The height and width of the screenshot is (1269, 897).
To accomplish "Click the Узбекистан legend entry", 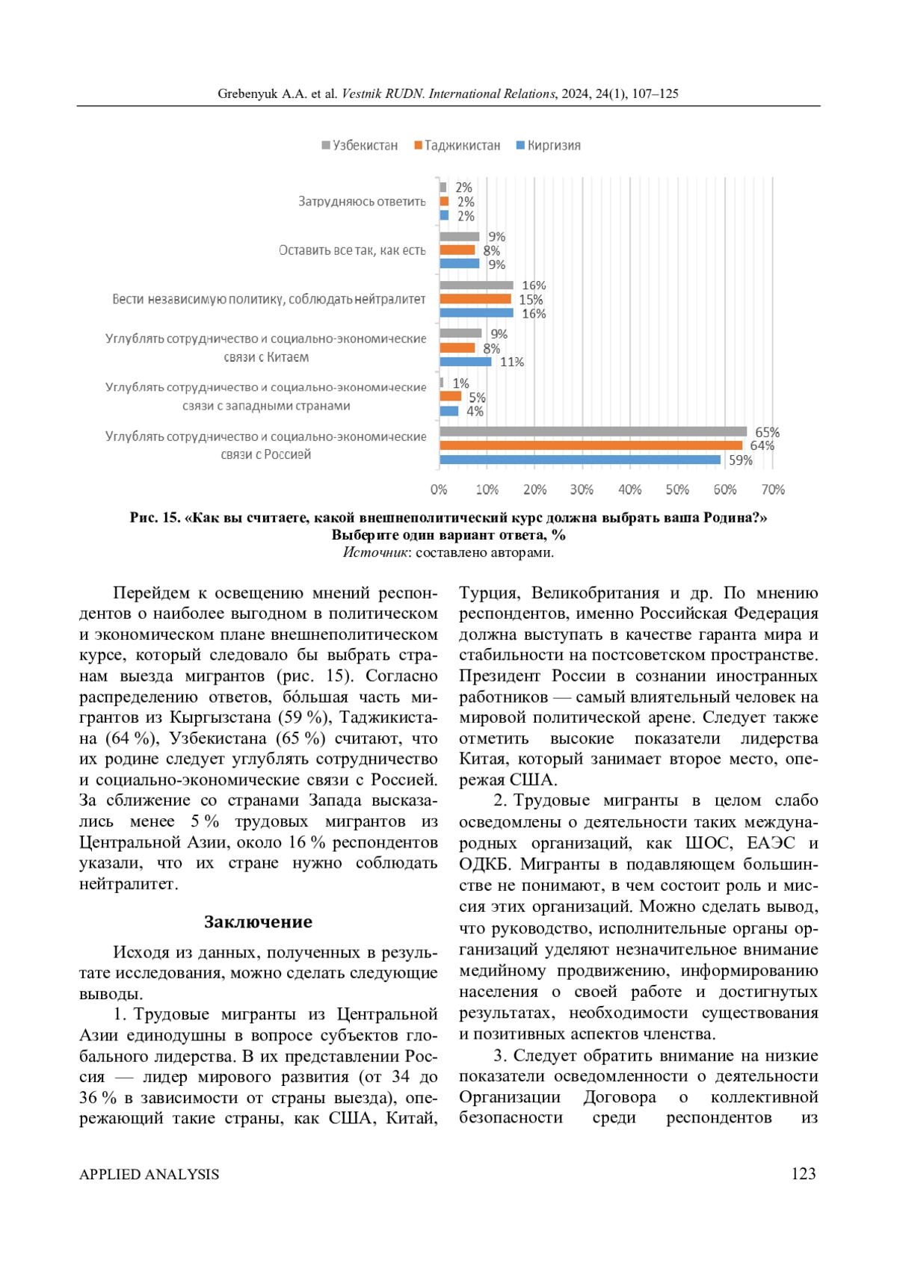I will pos(360,146).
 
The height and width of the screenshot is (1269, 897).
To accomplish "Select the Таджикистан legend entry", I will pos(457,146).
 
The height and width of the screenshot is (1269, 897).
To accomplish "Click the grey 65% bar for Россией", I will pos(593,431).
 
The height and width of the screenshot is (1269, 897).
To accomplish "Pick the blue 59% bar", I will pos(580,460).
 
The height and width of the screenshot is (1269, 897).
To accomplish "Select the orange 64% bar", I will pos(591,445).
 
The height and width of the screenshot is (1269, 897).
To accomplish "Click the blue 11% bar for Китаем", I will pos(465,362).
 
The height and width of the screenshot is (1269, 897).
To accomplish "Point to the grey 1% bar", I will pos(442,383).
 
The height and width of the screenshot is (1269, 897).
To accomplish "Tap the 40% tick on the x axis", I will pos(629,490).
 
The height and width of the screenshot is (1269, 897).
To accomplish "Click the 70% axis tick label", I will pos(773,490).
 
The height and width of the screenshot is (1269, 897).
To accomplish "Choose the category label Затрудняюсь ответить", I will pos(362,201).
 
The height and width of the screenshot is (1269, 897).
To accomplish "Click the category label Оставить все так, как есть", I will pos(352,250).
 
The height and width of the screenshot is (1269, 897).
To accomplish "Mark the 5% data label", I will pos(477,397).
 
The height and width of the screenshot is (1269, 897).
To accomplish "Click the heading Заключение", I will pos(258,921).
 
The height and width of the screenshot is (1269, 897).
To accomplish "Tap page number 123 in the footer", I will pos(804,1173).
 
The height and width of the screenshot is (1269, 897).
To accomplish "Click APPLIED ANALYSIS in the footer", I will pos(149,1174).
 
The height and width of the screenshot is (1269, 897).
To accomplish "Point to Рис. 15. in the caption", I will pos(155,517).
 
